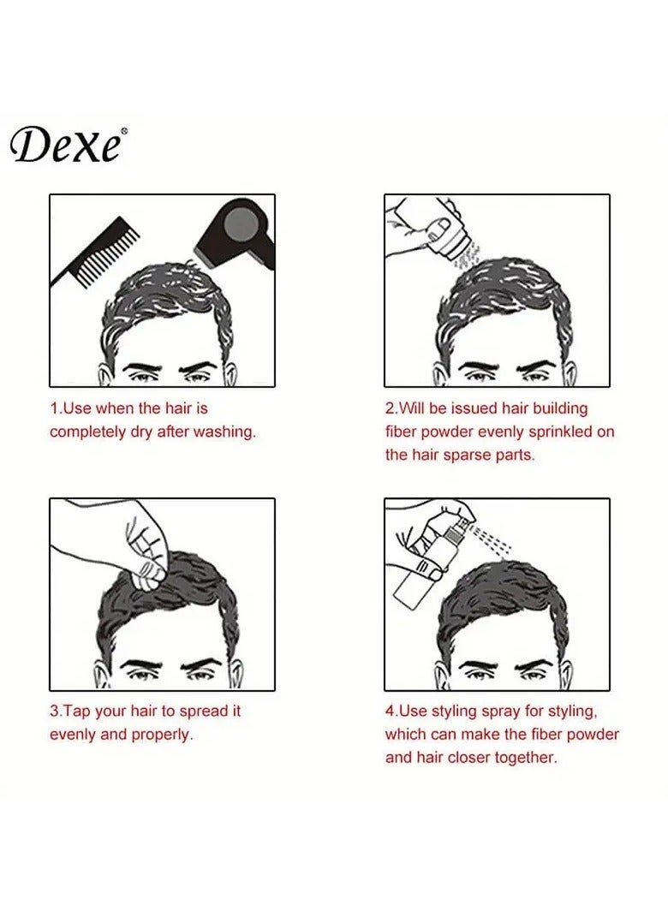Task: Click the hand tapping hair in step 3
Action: point(146,545)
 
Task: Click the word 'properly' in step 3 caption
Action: point(162,735)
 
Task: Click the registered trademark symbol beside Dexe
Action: point(125,131)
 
